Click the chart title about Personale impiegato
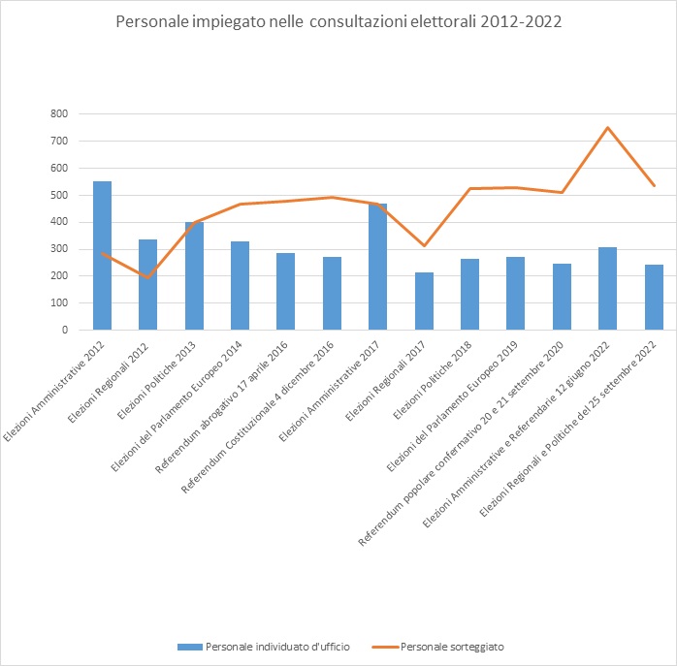coord(338,21)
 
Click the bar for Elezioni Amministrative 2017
coord(377,268)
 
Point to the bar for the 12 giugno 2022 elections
coord(607,289)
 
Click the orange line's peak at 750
coord(607,127)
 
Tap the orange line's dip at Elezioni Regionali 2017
coord(424,245)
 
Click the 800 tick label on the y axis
coord(60,113)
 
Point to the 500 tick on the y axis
coord(60,195)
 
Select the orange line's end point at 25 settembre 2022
coord(654,185)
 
